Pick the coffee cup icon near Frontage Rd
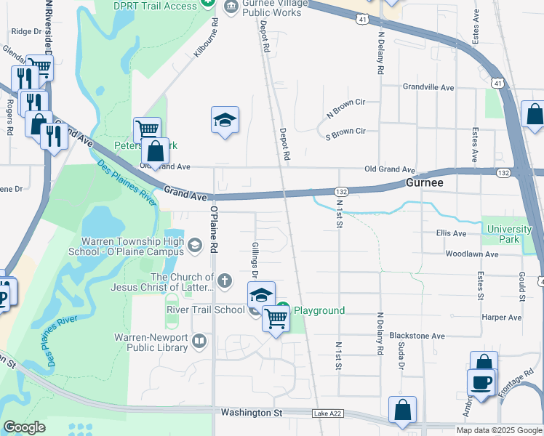[x=481, y=383]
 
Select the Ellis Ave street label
[x=451, y=233]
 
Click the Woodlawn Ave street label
[x=471, y=254]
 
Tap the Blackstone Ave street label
[x=417, y=336]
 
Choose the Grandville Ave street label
[x=428, y=87]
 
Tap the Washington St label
[x=251, y=413]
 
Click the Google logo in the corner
[x=24, y=427]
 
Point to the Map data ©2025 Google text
[x=499, y=430]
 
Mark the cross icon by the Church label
[x=226, y=280]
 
